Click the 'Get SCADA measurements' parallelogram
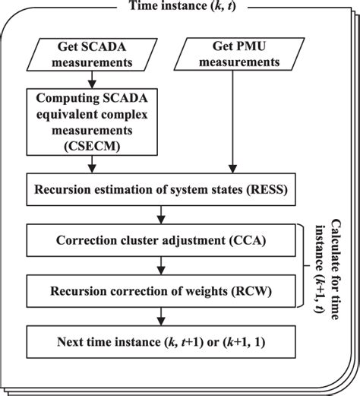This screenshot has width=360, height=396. click(x=92, y=55)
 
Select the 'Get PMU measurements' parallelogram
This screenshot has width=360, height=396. click(x=239, y=54)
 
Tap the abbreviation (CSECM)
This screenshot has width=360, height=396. click(x=92, y=146)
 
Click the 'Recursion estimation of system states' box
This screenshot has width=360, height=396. click(x=161, y=189)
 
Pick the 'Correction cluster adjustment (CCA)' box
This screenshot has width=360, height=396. click(x=161, y=240)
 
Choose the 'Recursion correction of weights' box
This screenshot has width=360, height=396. click(x=161, y=291)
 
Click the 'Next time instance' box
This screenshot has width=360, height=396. click(x=161, y=342)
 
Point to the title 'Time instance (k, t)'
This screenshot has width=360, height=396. click(x=182, y=5)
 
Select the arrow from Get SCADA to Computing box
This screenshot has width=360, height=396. click(x=92, y=80)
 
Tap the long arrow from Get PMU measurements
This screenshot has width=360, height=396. click(x=232, y=122)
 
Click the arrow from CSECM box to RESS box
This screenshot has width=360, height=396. click(x=92, y=164)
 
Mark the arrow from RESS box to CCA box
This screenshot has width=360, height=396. click(x=161, y=214)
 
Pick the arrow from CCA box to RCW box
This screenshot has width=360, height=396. click(x=161, y=265)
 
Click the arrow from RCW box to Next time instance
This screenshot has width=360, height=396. click(x=161, y=316)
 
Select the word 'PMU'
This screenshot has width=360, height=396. click(x=252, y=46)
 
